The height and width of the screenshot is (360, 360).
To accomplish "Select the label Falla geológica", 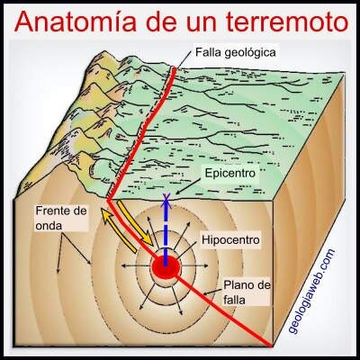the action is [x=235, y=52].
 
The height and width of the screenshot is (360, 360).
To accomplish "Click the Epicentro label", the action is [x=230, y=173].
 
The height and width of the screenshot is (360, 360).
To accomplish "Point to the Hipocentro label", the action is [x=230, y=239].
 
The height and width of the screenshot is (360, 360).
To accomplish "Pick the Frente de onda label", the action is [x=61, y=217].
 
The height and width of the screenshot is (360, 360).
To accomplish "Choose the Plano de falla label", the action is [x=247, y=292].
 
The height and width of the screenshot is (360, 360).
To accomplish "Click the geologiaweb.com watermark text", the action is [x=311, y=291].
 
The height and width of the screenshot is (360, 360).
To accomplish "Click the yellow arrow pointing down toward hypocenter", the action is [x=134, y=222].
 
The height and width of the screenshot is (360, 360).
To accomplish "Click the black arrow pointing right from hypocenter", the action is [x=194, y=265].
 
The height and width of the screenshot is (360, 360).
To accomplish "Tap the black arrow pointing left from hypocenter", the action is [x=136, y=265].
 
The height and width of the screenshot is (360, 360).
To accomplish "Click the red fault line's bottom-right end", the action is [x=271, y=345].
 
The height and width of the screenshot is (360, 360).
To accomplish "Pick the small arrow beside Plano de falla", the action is [x=213, y=292].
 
